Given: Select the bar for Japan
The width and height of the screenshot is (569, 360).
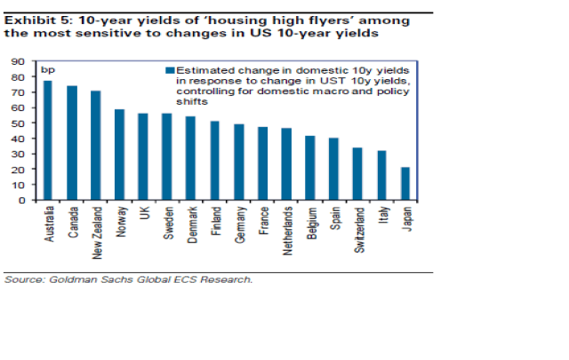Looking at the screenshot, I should [405, 183].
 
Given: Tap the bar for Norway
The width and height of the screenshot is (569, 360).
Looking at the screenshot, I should [119, 155].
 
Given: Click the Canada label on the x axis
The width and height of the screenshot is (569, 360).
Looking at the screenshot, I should [72, 220].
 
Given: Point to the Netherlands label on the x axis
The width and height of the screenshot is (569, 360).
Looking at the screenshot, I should [287, 229].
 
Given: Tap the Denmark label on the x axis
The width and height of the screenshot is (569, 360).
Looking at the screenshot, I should [191, 223].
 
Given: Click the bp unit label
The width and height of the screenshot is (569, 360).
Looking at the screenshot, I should [48, 69].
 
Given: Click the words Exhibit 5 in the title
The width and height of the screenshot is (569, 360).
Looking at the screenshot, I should [31, 18].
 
